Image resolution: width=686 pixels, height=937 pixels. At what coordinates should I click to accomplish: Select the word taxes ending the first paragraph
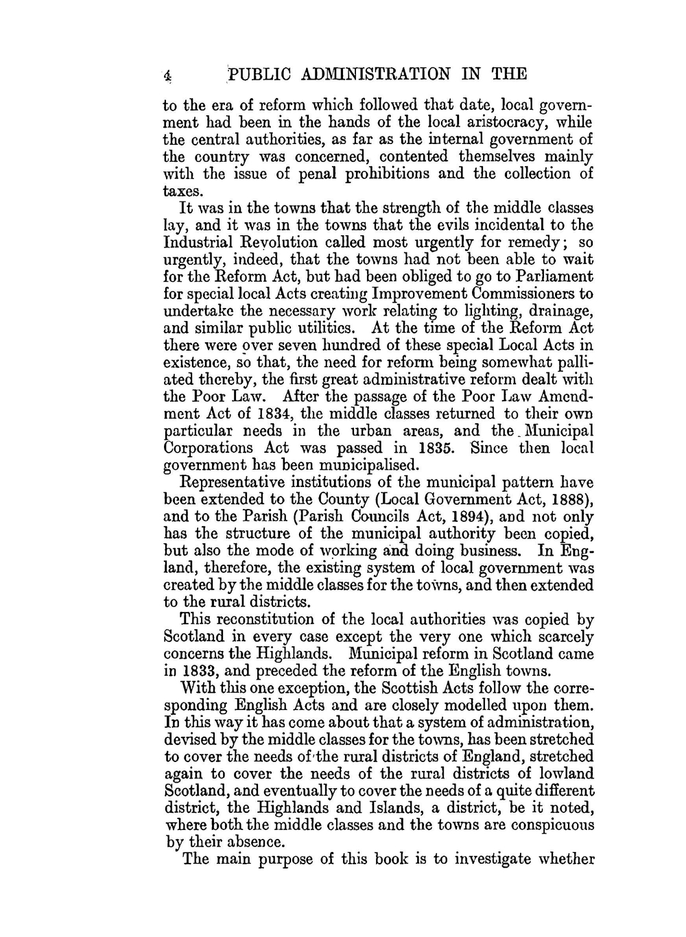click(181, 191)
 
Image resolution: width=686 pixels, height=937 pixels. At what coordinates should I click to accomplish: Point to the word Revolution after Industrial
click(274, 242)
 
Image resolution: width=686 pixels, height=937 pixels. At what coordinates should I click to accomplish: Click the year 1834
click(282, 414)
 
